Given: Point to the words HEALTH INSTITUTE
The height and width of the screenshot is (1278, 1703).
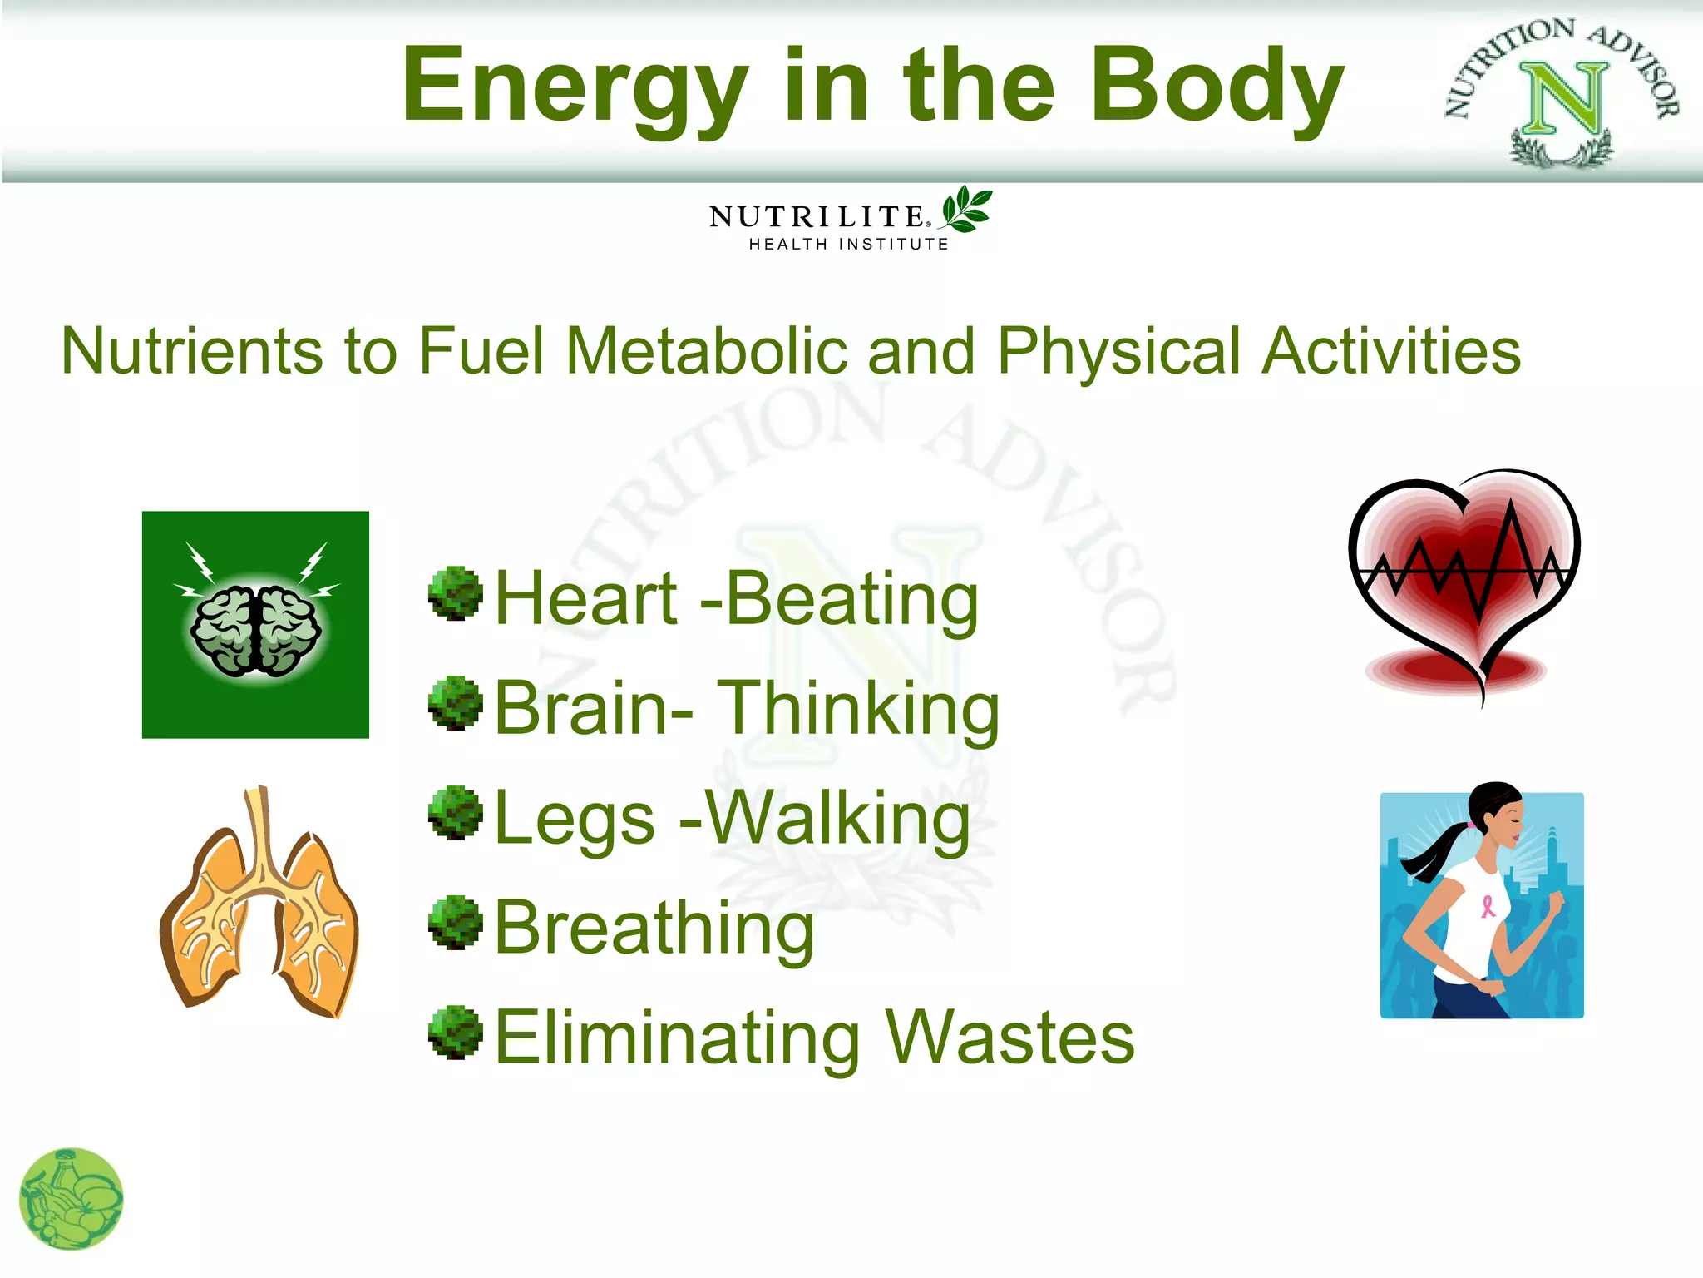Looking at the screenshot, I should coord(848,244).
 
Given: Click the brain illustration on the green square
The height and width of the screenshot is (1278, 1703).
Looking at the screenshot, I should coord(255,629).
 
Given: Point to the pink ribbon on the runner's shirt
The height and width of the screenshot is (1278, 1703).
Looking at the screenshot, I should coord(1488,905).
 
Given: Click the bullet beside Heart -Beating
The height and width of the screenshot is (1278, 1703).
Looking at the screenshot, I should coord(455,594).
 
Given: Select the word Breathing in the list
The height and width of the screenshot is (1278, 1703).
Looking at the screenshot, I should coord(654,929).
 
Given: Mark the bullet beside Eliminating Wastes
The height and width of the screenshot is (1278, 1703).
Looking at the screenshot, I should coord(455,1033).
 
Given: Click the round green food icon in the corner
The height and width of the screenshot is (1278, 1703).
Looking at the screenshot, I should coord(72,1199).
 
